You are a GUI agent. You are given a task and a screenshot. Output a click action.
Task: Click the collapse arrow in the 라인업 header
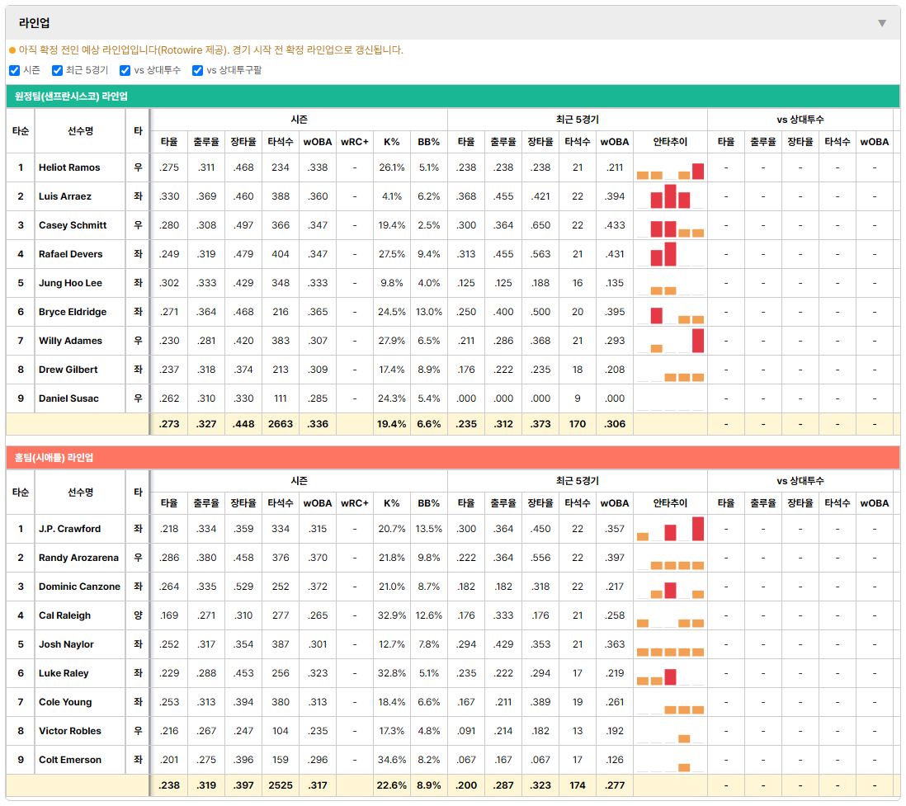(x=882, y=23)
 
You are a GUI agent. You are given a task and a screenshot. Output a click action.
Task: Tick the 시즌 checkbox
(x=15, y=70)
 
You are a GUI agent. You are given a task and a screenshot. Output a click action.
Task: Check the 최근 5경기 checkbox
(x=57, y=70)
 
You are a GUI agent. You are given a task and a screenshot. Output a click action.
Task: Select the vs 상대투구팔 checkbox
(x=197, y=70)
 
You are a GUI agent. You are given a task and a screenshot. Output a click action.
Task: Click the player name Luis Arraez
(x=64, y=196)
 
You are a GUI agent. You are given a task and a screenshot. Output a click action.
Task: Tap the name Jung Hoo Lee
(x=70, y=283)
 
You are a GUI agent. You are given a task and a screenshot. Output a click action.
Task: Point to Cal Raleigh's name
(x=64, y=615)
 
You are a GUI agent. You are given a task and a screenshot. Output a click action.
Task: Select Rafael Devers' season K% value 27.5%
(x=392, y=254)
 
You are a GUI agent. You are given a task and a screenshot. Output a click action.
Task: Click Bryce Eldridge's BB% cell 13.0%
(x=429, y=312)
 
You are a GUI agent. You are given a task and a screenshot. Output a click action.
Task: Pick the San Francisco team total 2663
(x=281, y=424)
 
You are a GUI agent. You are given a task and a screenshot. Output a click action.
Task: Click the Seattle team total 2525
(x=281, y=785)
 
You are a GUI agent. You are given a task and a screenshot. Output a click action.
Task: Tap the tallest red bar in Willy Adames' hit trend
(x=698, y=341)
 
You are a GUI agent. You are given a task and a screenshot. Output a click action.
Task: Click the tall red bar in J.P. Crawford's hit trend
(x=698, y=529)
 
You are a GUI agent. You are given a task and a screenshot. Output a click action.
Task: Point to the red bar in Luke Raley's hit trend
(x=670, y=676)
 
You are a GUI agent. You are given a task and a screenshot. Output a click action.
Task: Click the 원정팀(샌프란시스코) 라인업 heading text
(x=71, y=97)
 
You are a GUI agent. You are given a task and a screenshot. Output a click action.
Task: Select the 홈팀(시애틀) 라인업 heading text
(x=54, y=458)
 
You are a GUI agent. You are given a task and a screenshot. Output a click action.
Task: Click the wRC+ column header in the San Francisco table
(x=354, y=142)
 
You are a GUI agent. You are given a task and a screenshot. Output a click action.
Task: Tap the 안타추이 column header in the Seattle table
(x=670, y=503)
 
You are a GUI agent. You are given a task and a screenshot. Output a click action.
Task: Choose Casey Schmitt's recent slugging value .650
(x=540, y=225)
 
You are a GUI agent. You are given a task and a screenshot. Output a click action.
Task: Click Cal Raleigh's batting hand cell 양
(x=138, y=615)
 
